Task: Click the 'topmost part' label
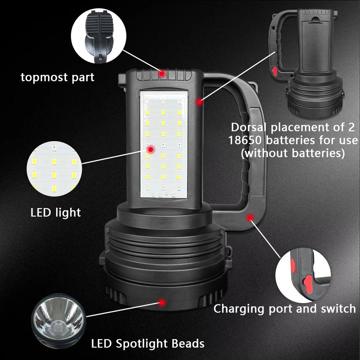pyautogui.click(x=58, y=77)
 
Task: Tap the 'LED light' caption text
pyautogui.click(x=55, y=212)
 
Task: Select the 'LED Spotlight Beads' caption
pyautogui.click(x=148, y=343)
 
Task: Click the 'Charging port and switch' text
pyautogui.click(x=284, y=309)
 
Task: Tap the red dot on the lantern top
pyautogui.click(x=162, y=73)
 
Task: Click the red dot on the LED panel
pyautogui.click(x=151, y=149)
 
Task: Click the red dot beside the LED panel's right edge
pyautogui.click(x=199, y=102)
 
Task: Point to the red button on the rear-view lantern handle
pyautogui.click(x=275, y=71)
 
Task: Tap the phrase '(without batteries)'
pyautogui.click(x=292, y=153)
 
